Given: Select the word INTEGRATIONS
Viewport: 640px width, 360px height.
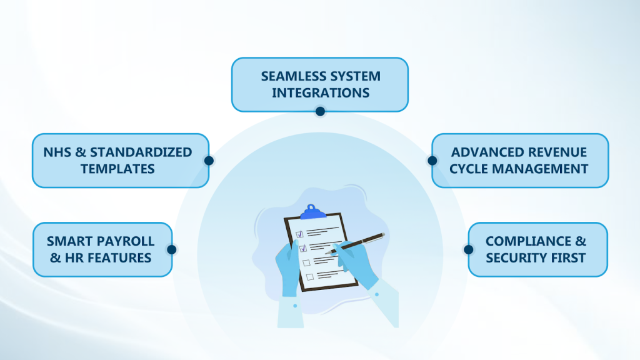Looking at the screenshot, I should click(x=320, y=93).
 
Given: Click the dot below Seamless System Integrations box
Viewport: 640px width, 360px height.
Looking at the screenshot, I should click(x=320, y=111).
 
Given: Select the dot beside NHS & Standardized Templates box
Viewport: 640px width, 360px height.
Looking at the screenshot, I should click(x=209, y=161).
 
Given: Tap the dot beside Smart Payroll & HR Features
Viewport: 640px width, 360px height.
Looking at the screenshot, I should click(x=172, y=249).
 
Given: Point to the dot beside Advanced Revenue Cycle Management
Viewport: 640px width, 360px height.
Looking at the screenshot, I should click(x=432, y=161).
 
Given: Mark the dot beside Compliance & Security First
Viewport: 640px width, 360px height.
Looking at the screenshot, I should click(x=468, y=249).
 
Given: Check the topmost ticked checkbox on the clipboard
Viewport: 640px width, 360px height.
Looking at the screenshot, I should click(x=300, y=234).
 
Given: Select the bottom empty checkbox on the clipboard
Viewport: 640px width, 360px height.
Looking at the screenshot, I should click(x=309, y=276).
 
